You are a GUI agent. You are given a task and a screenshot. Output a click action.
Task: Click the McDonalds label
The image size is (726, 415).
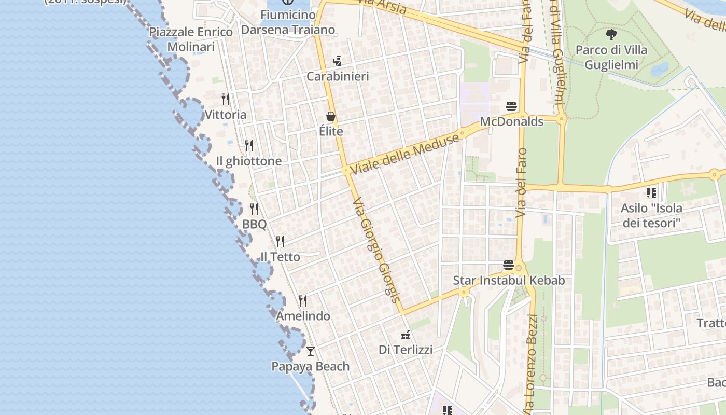tap(511, 122)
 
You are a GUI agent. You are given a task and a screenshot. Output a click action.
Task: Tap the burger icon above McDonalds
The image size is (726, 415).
tap(511, 107)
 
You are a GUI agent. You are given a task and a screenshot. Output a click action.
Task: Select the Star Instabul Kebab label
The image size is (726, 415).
tap(509, 281)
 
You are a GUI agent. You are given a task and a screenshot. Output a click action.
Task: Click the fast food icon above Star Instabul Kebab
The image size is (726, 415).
tap(508, 265)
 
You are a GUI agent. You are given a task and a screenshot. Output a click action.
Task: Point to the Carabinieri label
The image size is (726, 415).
tap(338, 77)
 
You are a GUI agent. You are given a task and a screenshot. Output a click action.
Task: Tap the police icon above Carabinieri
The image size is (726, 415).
tap(338, 61)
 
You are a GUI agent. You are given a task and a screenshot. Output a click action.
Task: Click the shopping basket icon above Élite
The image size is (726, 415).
tap(331, 116)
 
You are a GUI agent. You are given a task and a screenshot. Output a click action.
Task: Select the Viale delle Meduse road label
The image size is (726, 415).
tap(405, 154)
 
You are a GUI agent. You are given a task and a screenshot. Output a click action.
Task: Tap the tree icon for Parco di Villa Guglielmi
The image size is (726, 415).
tap(611, 35)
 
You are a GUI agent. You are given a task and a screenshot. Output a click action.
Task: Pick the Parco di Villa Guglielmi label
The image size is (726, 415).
tap(611, 57)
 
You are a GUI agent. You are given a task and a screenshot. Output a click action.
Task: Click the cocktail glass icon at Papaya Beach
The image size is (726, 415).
tap(310, 351)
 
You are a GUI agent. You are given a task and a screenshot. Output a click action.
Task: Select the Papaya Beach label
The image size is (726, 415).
tap(310, 366)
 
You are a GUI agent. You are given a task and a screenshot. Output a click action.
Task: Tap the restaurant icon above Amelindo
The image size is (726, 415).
tap(303, 301)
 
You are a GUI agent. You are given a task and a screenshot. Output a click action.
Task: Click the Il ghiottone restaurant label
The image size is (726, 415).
tap(249, 161)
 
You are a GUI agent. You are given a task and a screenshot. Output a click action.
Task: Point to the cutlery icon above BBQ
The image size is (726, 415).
tap(254, 209)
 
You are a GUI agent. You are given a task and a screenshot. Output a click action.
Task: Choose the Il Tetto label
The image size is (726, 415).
tap(280, 257)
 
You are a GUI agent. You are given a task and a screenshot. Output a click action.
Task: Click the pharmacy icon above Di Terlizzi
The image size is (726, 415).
tap(406, 335)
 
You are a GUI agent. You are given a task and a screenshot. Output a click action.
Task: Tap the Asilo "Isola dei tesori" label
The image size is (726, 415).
tap(651, 216)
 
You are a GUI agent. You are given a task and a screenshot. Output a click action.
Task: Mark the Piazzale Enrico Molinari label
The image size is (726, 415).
tap(191, 39)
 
